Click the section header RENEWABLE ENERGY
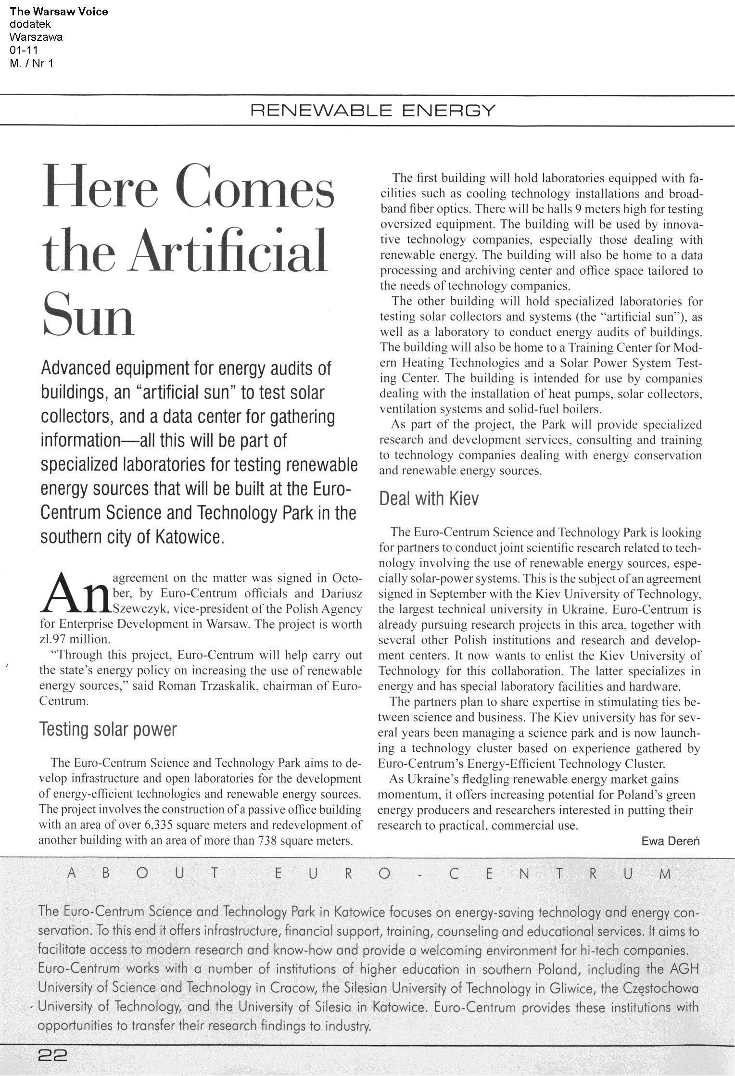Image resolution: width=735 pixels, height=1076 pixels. pyautogui.click(x=372, y=111)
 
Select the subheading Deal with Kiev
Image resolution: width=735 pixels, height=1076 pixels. pyautogui.click(x=429, y=499)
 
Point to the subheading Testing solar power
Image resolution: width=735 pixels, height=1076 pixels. pyautogui.click(x=108, y=730)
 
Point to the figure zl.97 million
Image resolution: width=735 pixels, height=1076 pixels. pyautogui.click(x=75, y=639)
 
